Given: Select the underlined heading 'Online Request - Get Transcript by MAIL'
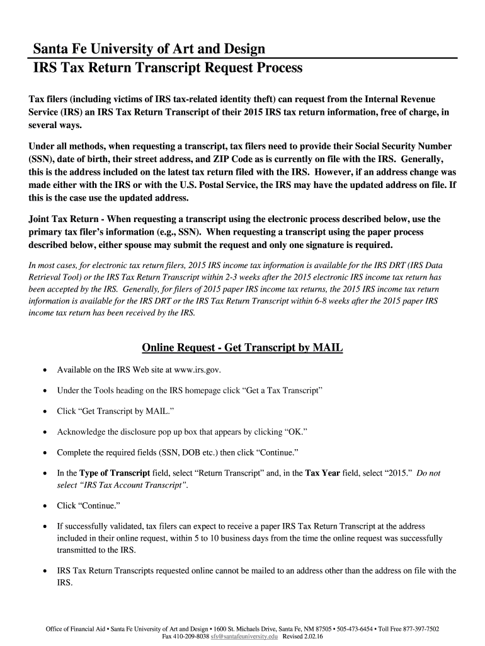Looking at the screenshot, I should coord(243,348).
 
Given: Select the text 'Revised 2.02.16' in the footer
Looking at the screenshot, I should coord(302,637).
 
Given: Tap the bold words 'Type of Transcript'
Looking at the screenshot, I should coord(114,473).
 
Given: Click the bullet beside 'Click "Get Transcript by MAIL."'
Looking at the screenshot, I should coord(43,411).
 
